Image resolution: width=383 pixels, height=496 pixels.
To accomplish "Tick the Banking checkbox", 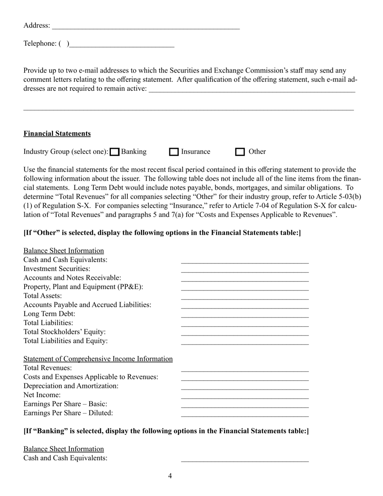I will pyautogui.click(x=115, y=152).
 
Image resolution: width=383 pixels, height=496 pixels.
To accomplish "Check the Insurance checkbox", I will pyautogui.click(x=174, y=152).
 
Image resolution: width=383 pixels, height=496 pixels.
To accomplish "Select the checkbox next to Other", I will pyautogui.click(x=240, y=152).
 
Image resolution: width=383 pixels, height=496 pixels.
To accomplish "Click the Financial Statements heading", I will pyautogui.click(x=57, y=133).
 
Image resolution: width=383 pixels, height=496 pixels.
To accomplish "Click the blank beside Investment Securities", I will pyautogui.click(x=245, y=269).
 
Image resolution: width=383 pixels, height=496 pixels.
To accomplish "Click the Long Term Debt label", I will pyautogui.click(x=49, y=314).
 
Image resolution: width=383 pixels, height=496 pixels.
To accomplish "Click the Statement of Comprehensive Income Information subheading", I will pyautogui.click(x=98, y=359).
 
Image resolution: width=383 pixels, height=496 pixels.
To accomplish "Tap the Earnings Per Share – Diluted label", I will pyautogui.click(x=68, y=413).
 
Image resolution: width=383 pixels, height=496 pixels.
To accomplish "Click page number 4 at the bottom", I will pyautogui.click(x=170, y=476).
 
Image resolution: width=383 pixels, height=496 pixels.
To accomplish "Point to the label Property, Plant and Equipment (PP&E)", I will pyautogui.click(x=83, y=287).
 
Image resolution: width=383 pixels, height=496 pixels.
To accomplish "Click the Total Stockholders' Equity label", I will pyautogui.click(x=65, y=332).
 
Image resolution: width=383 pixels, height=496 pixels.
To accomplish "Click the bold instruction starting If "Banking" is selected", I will pyautogui.click(x=166, y=431).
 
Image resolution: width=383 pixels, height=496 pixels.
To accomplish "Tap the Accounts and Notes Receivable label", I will pyautogui.click(x=72, y=278).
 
